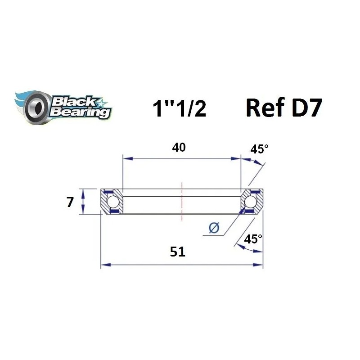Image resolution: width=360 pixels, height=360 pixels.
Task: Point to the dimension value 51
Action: (178, 252)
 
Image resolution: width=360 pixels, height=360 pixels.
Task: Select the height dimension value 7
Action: (69, 202)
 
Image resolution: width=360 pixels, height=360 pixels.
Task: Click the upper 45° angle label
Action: (259, 149)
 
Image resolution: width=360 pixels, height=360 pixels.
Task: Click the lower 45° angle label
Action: (253, 239)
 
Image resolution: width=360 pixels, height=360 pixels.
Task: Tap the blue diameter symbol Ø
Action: (214, 229)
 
